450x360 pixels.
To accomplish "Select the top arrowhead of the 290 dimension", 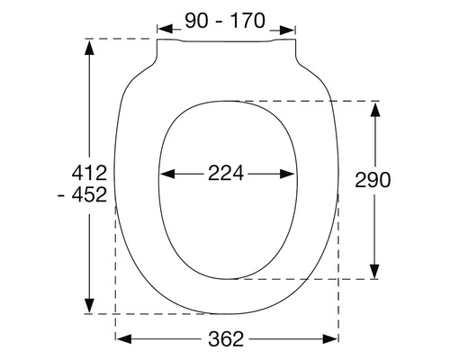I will pyautogui.click(x=375, y=107).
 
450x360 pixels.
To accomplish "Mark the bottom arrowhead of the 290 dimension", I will pyautogui.click(x=375, y=272).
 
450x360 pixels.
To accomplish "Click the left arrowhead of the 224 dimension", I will pyautogui.click(x=165, y=175).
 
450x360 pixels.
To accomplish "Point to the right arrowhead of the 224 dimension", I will pyautogui.click(x=292, y=175).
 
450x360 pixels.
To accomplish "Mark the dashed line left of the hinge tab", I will pyautogui.click(x=121, y=40).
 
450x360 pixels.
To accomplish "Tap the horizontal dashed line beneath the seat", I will pyautogui.click(x=162, y=314).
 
